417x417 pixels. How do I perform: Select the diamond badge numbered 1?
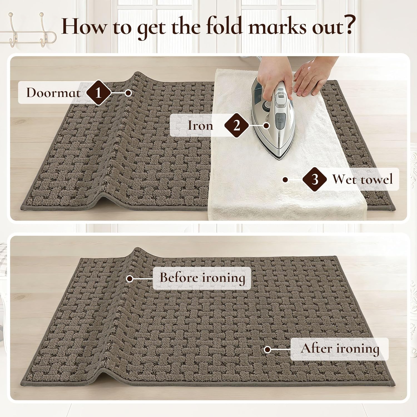[98, 93]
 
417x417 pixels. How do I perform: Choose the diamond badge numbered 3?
[315, 179]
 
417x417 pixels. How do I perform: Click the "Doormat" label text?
[53, 93]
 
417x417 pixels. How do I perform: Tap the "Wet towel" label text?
[363, 179]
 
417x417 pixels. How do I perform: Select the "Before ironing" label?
[202, 278]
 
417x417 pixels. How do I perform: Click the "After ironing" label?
[340, 349]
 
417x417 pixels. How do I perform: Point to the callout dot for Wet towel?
[285, 180]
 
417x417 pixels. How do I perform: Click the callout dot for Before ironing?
[129, 279]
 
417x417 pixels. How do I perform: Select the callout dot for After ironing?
[267, 349]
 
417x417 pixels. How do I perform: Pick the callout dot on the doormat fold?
[128, 93]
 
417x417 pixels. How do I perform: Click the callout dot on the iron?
[267, 125]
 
